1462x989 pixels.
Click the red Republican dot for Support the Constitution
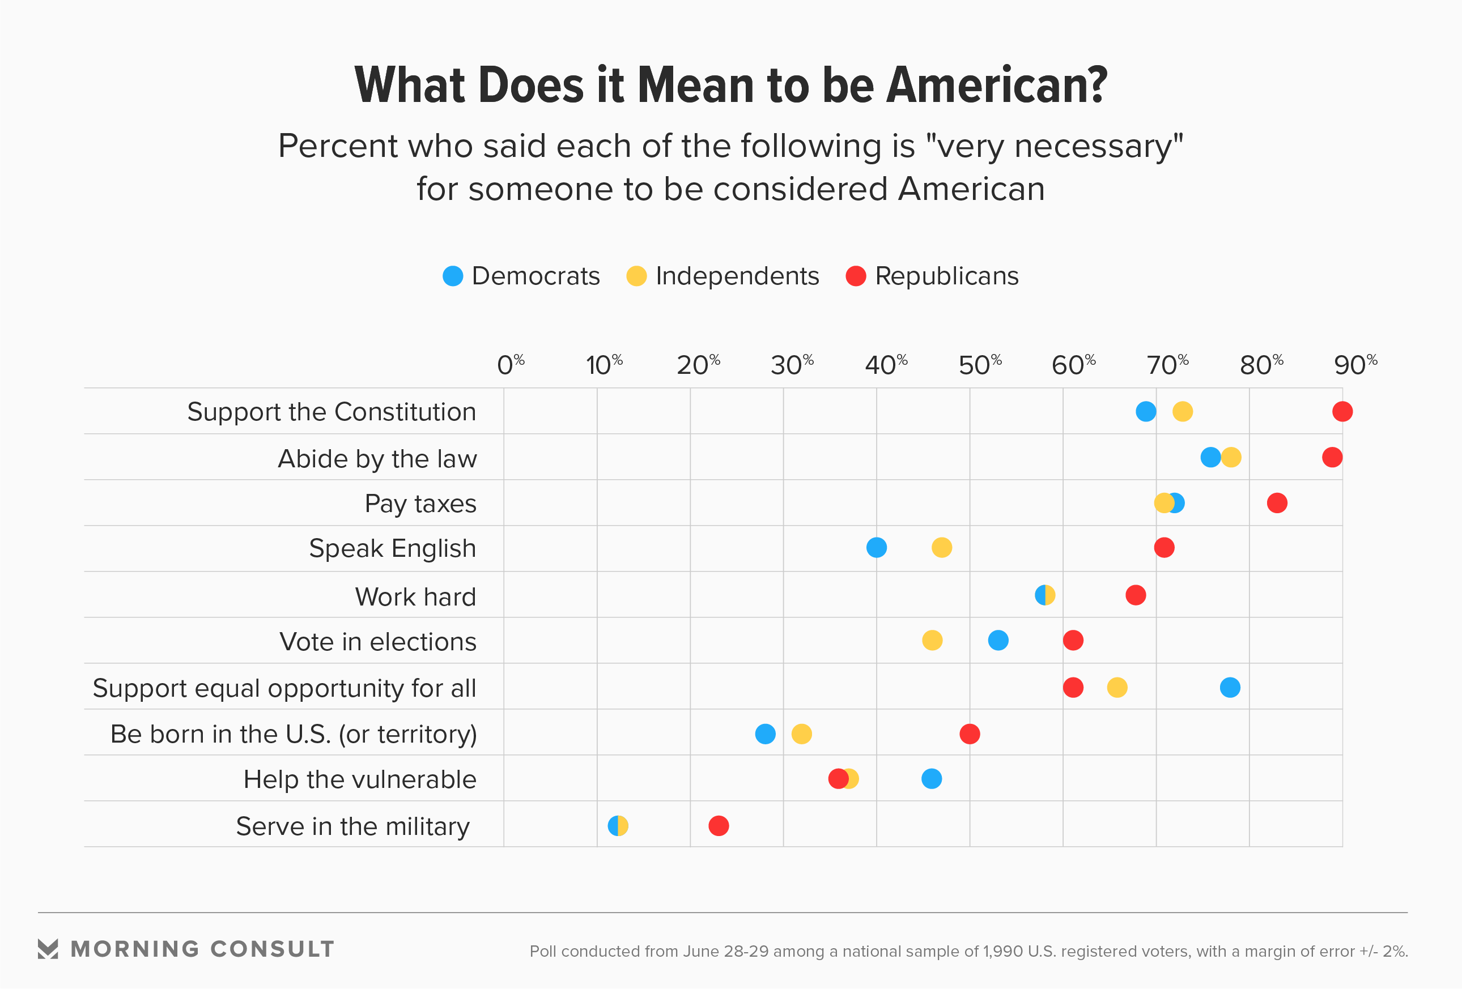pyautogui.click(x=1342, y=411)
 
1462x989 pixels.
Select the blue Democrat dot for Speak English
pyautogui.click(x=876, y=548)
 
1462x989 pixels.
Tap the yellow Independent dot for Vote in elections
pyautogui.click(x=932, y=640)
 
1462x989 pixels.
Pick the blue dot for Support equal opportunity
pyautogui.click(x=1229, y=687)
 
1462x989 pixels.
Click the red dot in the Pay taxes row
pyautogui.click(x=1277, y=503)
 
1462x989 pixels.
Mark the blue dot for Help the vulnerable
pyautogui.click(x=931, y=779)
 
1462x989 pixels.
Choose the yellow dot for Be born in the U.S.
pyautogui.click(x=801, y=734)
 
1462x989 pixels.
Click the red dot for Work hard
pyautogui.click(x=1135, y=595)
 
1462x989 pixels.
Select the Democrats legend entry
pyautogui.click(x=521, y=276)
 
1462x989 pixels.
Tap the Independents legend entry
pyautogui.click(x=723, y=276)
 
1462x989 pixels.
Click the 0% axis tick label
pyautogui.click(x=510, y=365)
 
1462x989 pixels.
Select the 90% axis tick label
pyautogui.click(x=1355, y=365)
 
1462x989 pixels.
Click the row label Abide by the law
pyautogui.click(x=377, y=458)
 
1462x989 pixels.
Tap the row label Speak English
pyautogui.click(x=392, y=548)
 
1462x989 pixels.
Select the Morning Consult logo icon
pyautogui.click(x=48, y=949)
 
